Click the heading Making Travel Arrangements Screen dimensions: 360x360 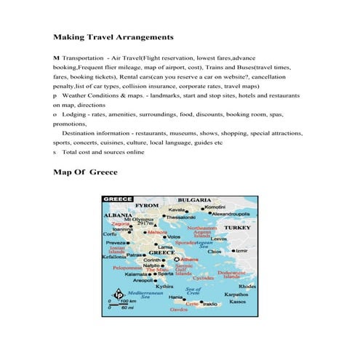(x=113, y=36)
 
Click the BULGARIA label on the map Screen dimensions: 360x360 (x=194, y=199)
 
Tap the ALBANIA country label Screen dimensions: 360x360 (x=117, y=216)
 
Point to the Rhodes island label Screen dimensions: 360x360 (x=247, y=286)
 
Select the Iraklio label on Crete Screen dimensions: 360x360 (x=210, y=304)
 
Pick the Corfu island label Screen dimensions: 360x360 (x=111, y=234)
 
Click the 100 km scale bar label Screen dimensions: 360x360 (x=129, y=300)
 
